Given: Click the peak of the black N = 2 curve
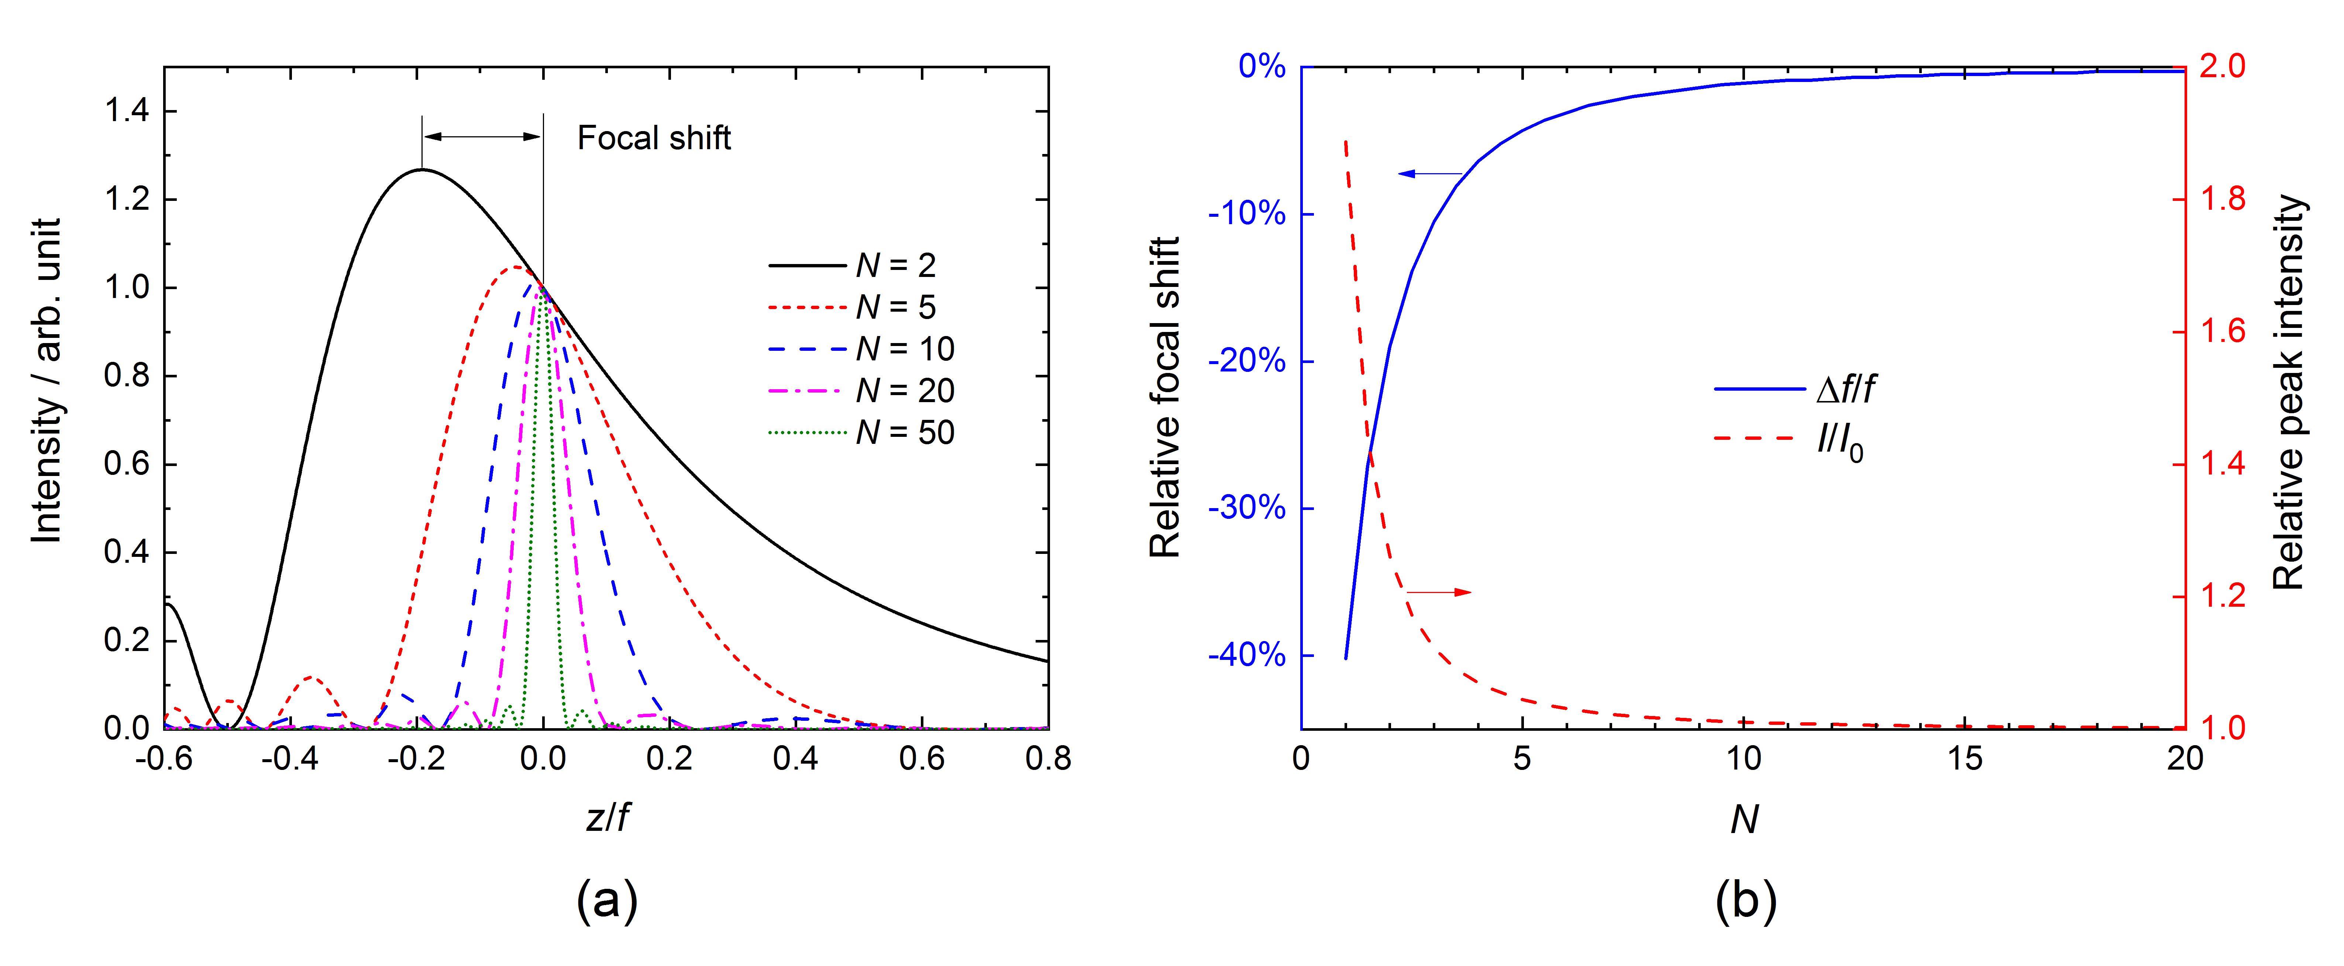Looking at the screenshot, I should coord(421,169).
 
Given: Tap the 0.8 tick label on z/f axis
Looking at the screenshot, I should coord(1048,758).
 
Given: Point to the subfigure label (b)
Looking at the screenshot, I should coord(1745,901).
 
